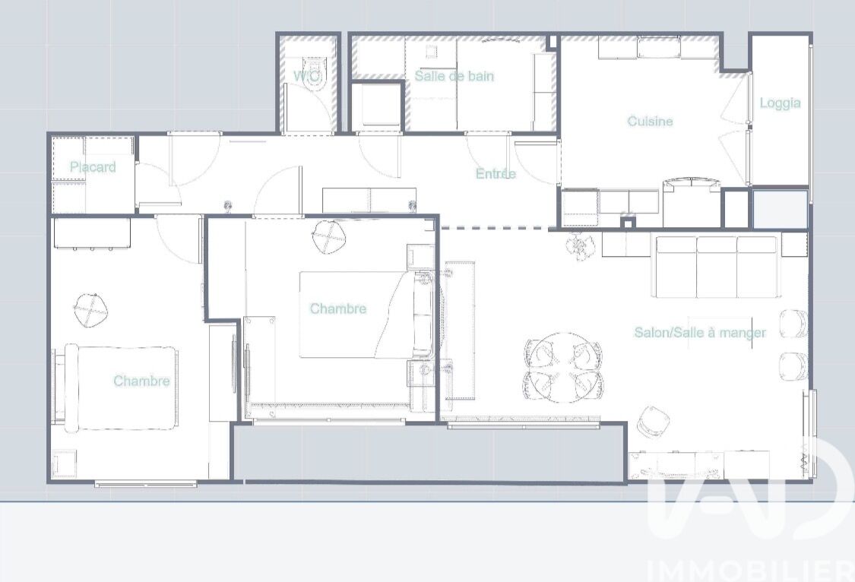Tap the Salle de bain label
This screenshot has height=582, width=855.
[454, 76]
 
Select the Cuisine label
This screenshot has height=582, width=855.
[650, 121]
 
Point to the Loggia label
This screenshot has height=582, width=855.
[780, 103]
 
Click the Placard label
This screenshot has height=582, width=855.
[93, 166]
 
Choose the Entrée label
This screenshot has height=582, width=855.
[496, 173]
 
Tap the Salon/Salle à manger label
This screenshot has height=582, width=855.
[700, 333]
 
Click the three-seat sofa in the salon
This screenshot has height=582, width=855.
[717, 267]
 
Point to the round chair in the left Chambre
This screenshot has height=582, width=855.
[90, 310]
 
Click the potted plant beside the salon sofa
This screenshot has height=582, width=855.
[578, 246]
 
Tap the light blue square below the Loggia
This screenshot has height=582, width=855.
[781, 209]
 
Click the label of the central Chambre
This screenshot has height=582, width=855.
[338, 308]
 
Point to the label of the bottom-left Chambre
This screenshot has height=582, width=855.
[142, 381]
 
